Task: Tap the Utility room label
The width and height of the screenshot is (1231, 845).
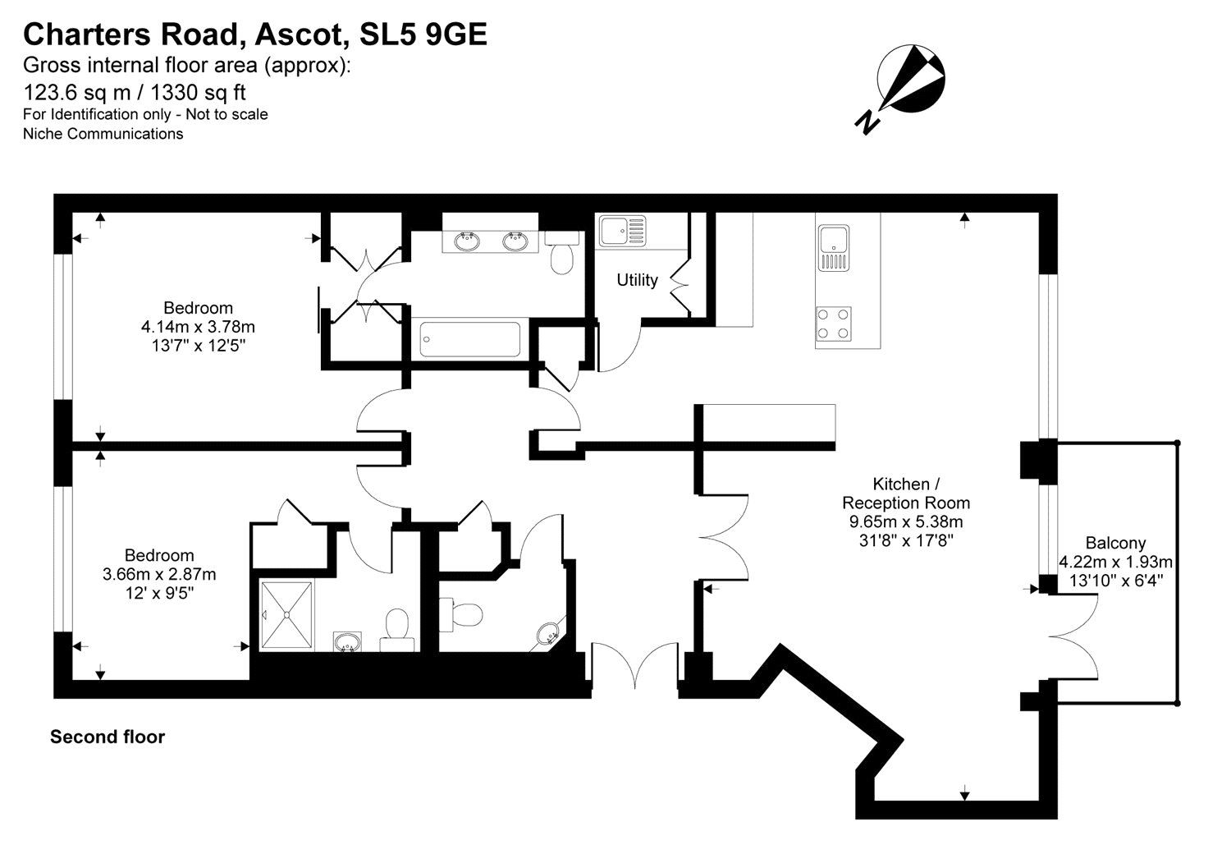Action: pyautogui.click(x=637, y=280)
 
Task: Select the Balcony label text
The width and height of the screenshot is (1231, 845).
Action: pyautogui.click(x=1115, y=543)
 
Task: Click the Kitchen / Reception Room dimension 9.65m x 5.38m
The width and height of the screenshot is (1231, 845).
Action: pyautogui.click(x=906, y=521)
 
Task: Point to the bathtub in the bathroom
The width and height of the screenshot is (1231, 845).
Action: pyautogui.click(x=470, y=339)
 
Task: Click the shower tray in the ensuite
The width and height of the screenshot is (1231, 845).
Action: pyautogui.click(x=286, y=615)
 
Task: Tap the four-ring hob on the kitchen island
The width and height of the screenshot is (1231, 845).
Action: pyautogui.click(x=833, y=324)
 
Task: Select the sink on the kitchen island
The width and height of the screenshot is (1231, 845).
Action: pyautogui.click(x=834, y=248)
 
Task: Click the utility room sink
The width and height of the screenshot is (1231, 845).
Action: pyautogui.click(x=623, y=231)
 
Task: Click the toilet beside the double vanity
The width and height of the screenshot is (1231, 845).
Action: pyautogui.click(x=561, y=253)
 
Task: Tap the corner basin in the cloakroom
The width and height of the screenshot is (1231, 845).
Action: pyautogui.click(x=548, y=634)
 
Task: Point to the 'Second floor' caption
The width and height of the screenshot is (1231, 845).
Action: pyautogui.click(x=108, y=737)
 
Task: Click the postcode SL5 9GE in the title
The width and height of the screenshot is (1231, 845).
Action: pyautogui.click(x=423, y=34)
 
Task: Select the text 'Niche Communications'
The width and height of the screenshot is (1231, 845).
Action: pyautogui.click(x=103, y=134)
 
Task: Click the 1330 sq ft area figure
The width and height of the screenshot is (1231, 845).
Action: pyautogui.click(x=198, y=92)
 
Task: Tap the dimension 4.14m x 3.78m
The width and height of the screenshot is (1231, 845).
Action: pyautogui.click(x=198, y=327)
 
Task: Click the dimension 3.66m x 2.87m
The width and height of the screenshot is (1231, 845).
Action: pyautogui.click(x=159, y=575)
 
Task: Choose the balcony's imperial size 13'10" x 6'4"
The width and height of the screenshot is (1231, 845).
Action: pyautogui.click(x=1116, y=581)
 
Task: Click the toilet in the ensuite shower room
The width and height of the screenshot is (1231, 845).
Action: pyautogui.click(x=396, y=630)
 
